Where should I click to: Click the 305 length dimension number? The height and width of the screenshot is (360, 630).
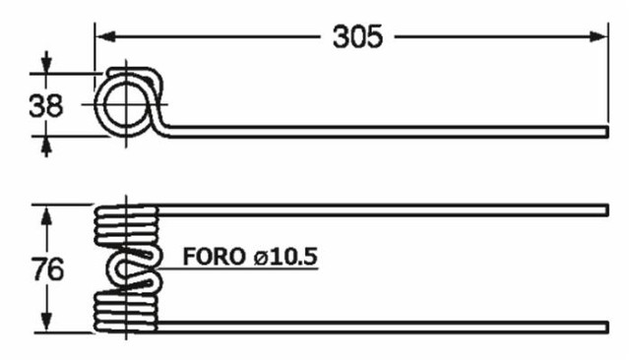356,36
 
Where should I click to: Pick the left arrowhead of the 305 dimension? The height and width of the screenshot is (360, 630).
102,36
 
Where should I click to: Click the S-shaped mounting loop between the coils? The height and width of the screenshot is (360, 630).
134,269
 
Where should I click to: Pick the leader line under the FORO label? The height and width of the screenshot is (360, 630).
236,270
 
